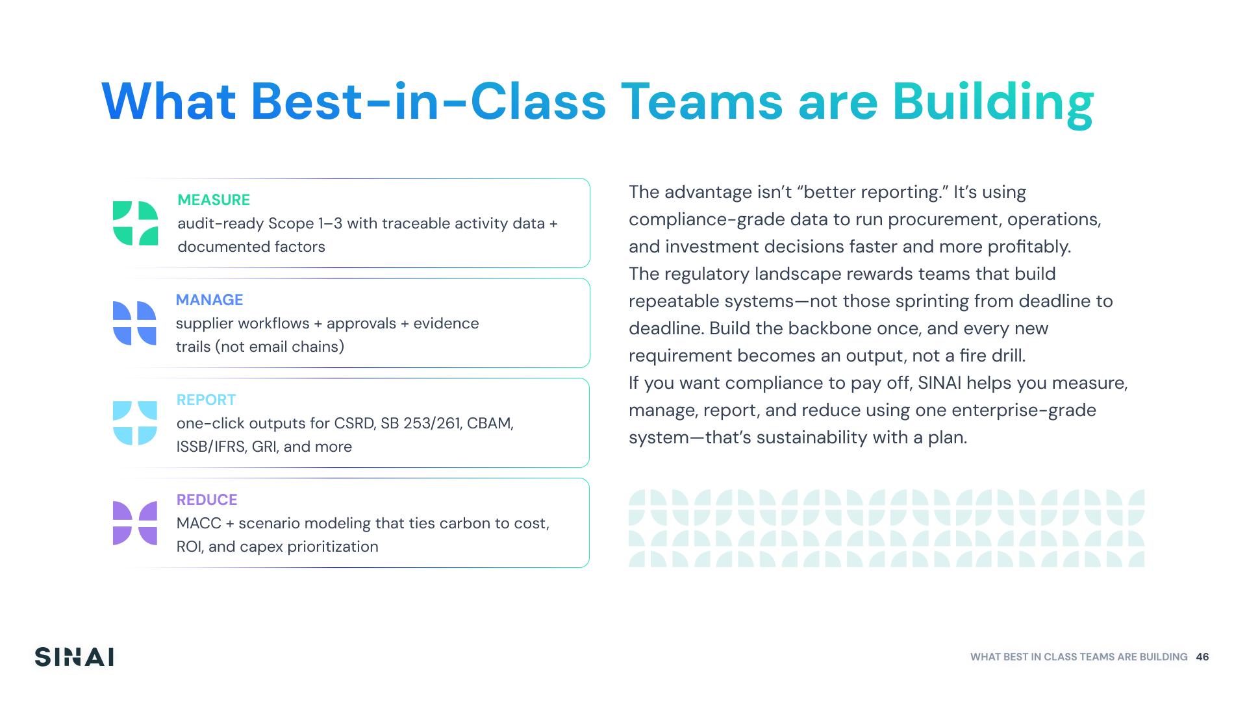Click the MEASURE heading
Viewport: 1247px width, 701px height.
pos(214,200)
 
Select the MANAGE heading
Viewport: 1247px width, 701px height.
pos(209,300)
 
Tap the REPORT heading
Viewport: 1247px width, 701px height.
pos(206,400)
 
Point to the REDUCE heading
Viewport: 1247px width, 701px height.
pos(207,500)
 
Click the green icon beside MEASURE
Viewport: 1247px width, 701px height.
pos(135,223)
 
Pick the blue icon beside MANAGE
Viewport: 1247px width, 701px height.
pos(134,323)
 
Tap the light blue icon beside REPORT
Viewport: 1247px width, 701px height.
pos(134,423)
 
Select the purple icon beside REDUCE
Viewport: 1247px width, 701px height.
pos(134,523)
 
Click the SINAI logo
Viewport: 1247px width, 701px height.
pos(74,657)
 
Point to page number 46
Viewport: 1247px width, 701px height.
pos(1202,657)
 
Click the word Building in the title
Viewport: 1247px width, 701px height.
pos(993,103)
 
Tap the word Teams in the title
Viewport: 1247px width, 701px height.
pos(702,102)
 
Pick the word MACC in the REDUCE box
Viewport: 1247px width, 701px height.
pos(199,523)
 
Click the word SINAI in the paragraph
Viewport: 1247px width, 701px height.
pos(939,383)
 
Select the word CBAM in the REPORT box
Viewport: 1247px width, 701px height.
pos(490,423)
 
